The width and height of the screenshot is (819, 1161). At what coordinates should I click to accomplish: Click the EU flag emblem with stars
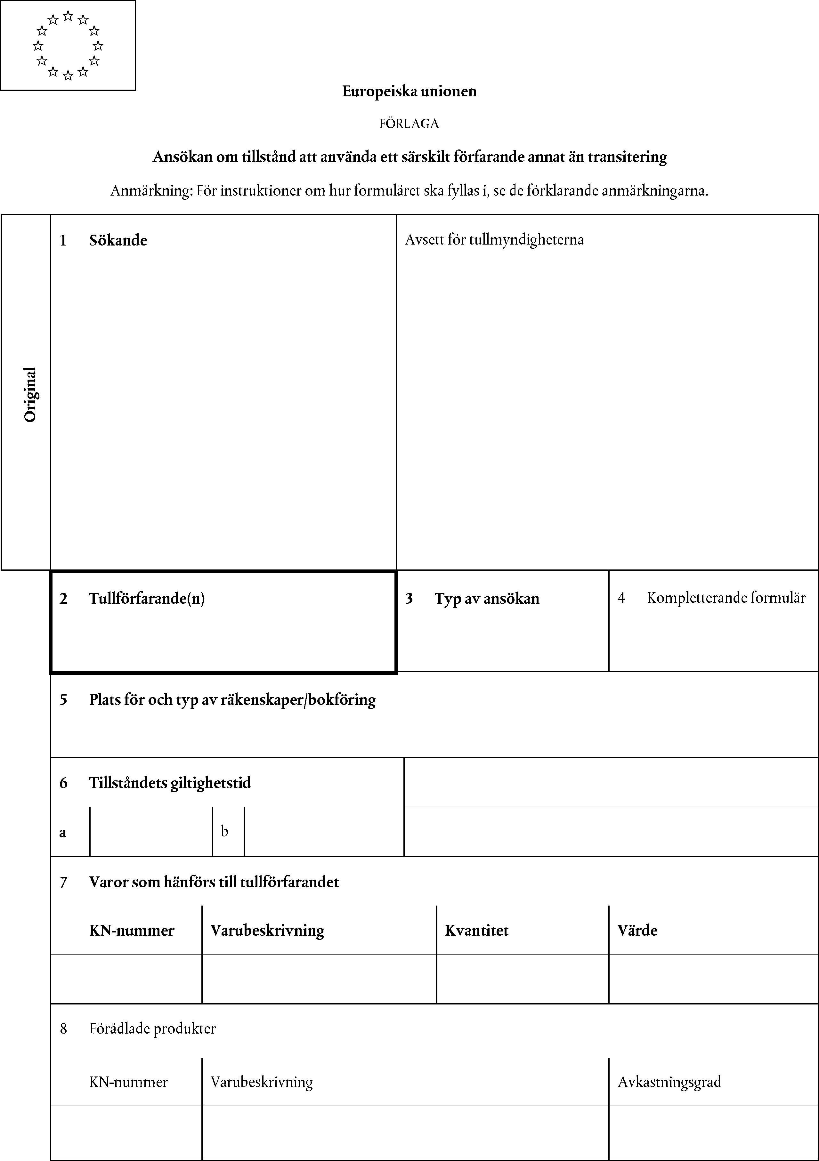[x=68, y=45]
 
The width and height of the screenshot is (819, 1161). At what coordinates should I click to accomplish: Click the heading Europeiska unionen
[x=409, y=92]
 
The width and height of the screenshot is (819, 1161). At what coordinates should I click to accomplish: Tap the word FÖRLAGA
[x=409, y=124]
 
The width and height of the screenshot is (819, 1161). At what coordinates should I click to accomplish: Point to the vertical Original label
[x=30, y=394]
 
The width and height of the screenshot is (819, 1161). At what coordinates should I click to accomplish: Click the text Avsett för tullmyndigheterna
[x=494, y=240]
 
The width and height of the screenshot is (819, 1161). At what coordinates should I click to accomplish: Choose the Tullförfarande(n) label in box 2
[x=147, y=599]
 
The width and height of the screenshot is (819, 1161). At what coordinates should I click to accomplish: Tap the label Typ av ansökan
[x=487, y=599]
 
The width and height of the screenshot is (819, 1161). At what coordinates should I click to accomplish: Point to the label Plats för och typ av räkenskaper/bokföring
[x=232, y=700]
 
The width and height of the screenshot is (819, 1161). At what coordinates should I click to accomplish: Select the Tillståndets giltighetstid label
[x=170, y=783]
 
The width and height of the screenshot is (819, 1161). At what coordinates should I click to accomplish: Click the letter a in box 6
[x=63, y=832]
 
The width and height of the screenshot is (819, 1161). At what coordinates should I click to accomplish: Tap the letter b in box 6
[x=225, y=831]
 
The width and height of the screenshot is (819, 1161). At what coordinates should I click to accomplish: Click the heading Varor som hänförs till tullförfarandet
[x=214, y=882]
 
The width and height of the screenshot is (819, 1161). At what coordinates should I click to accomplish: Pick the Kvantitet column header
[x=476, y=931]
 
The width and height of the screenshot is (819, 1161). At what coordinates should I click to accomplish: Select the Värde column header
[x=637, y=931]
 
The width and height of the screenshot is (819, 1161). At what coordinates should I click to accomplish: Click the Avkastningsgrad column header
[x=669, y=1082]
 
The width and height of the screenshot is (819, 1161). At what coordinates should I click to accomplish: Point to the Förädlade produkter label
[x=152, y=1028]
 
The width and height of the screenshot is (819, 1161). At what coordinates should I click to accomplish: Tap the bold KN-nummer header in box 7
[x=132, y=931]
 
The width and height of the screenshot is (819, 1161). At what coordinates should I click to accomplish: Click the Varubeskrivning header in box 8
[x=262, y=1082]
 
